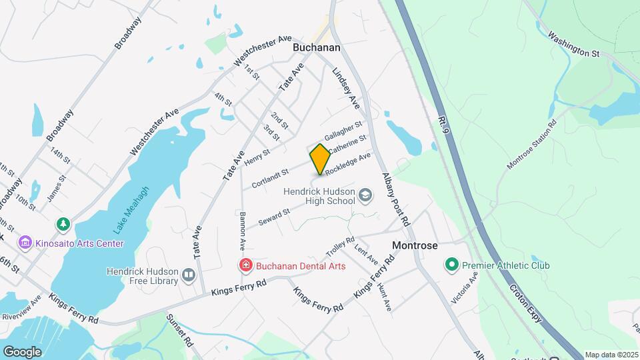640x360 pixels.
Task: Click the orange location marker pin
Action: (x=321, y=159)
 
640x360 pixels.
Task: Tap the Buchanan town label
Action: (x=317, y=48)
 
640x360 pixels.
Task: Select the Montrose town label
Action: (x=415, y=245)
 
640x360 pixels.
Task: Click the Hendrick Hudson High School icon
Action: (x=365, y=195)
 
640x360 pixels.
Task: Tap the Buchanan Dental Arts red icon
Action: (x=245, y=266)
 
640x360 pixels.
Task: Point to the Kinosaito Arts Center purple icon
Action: (x=25, y=241)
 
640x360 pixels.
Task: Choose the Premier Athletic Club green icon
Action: (x=451, y=265)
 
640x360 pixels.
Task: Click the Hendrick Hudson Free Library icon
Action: (x=189, y=274)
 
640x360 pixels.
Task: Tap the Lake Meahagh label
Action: (x=131, y=209)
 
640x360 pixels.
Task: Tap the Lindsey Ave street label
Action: (x=345, y=87)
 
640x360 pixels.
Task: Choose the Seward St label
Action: (x=274, y=216)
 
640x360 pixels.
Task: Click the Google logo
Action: (x=22, y=351)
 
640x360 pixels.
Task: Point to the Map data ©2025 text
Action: (x=611, y=355)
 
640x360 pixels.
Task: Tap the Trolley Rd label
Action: (x=340, y=247)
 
